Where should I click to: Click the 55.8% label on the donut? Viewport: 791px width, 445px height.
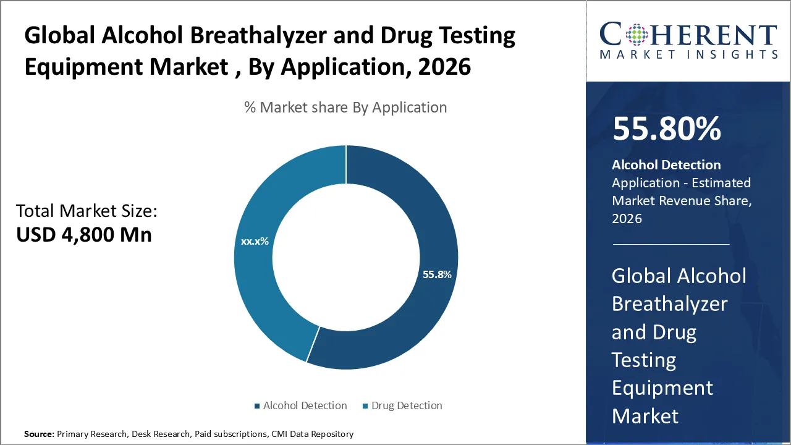[437, 274]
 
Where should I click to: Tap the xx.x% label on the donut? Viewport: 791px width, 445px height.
[255, 241]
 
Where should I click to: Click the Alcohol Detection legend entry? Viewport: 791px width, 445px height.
[305, 405]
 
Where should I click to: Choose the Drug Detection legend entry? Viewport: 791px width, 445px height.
[406, 405]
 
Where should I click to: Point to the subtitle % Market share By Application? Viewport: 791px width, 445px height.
[345, 108]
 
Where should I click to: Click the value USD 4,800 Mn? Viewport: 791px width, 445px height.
[83, 234]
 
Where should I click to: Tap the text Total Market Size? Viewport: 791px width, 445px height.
[87, 211]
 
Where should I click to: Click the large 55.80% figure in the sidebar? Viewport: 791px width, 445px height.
[667, 129]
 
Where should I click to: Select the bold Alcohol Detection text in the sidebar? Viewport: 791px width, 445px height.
[666, 165]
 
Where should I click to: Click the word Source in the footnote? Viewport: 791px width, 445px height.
[38, 434]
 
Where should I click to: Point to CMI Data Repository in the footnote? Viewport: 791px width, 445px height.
[313, 434]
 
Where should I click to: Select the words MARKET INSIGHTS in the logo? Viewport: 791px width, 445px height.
[688, 55]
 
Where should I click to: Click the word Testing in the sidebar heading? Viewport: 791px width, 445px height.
[644, 360]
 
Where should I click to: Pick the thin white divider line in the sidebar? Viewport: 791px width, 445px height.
[671, 244]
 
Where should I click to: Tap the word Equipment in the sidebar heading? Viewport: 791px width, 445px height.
[662, 388]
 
